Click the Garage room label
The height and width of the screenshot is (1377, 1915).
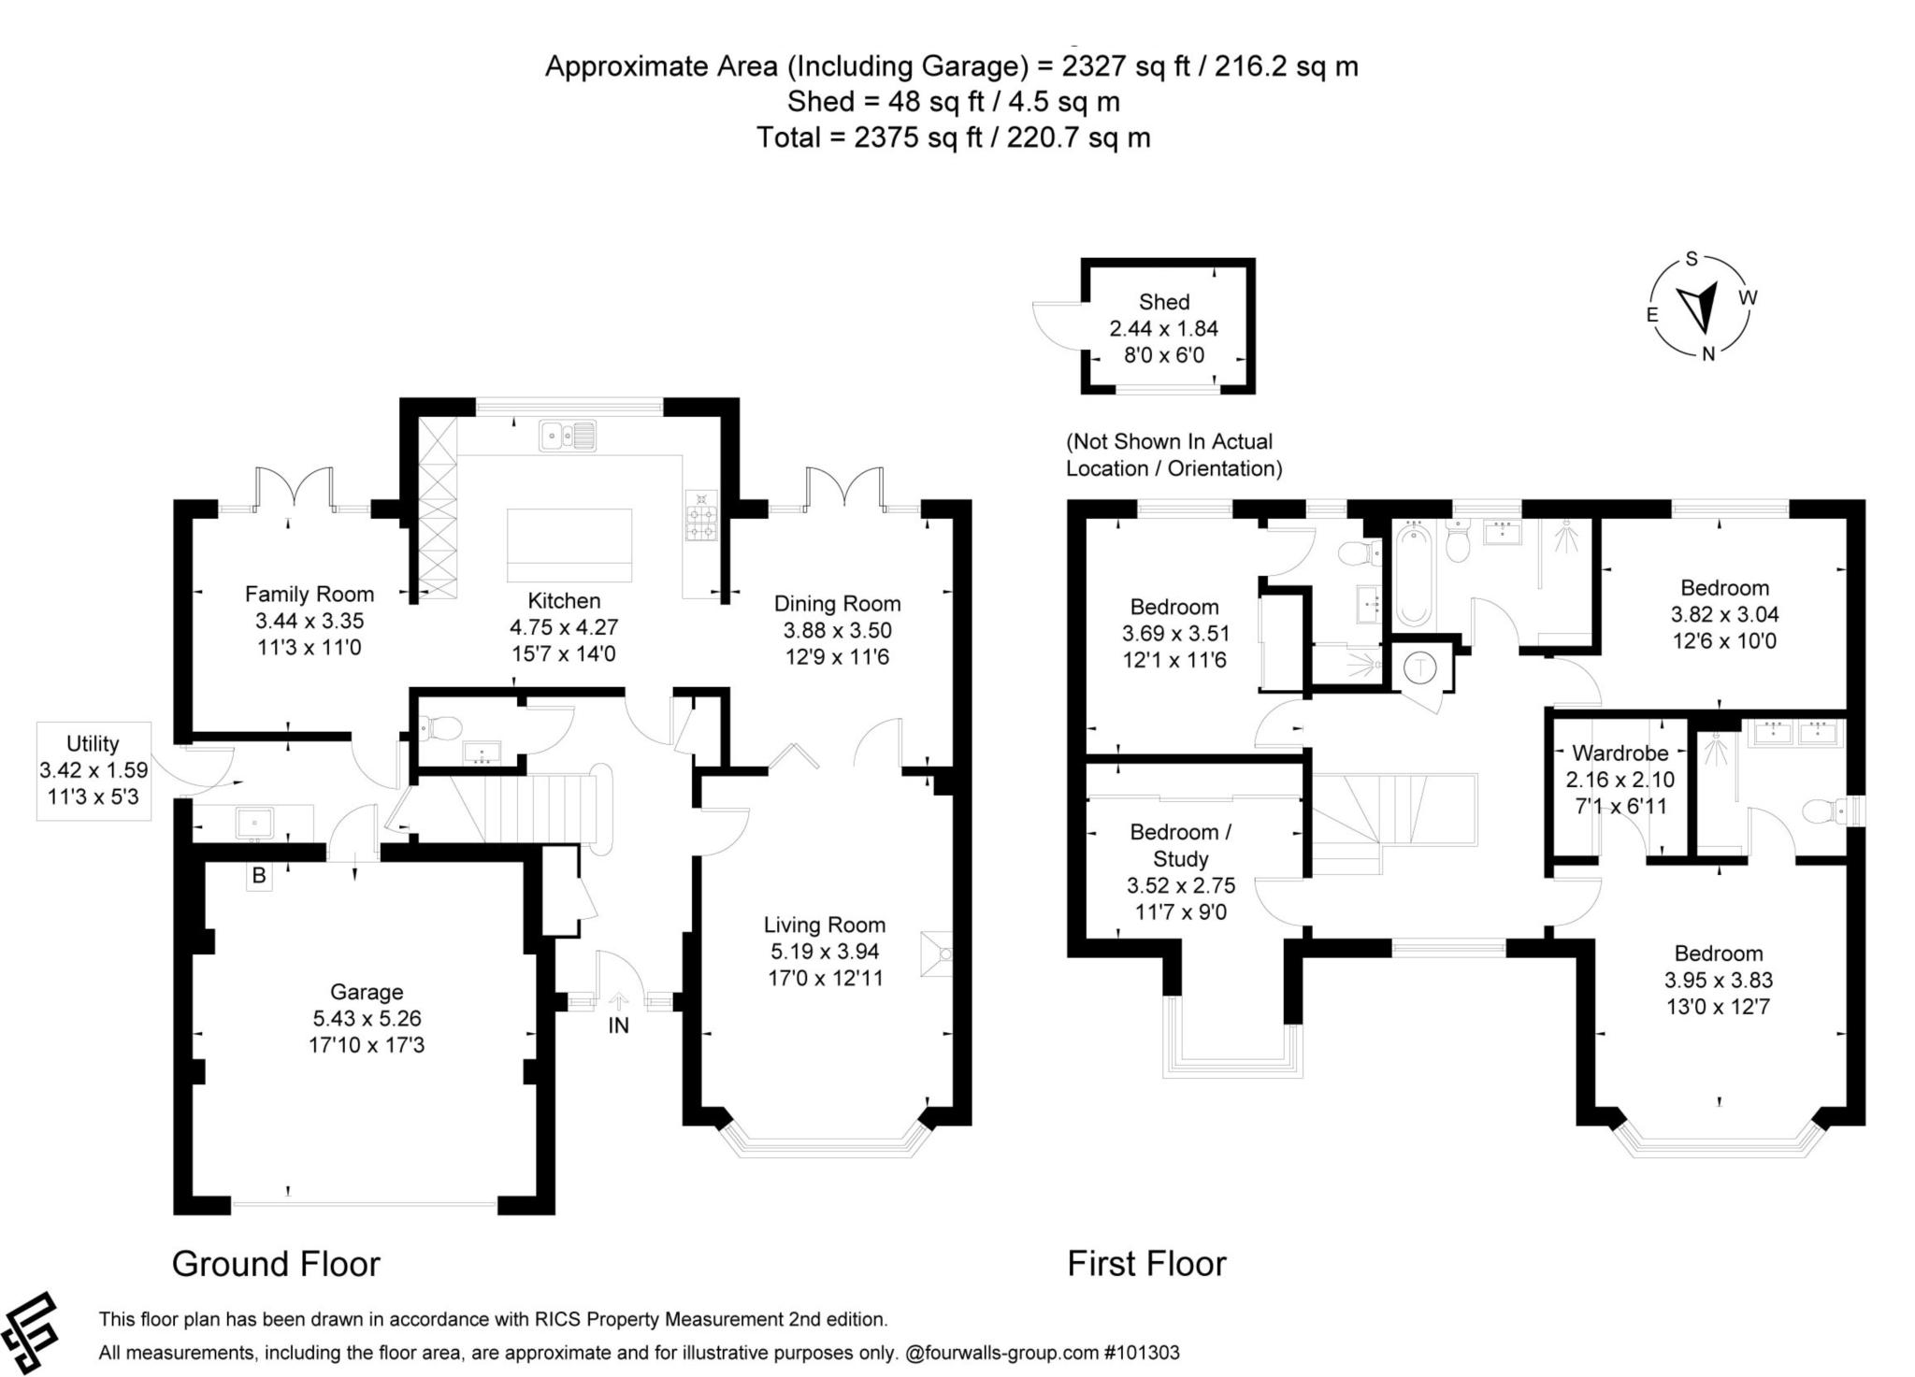[x=367, y=992]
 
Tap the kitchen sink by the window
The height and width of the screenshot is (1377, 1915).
[x=567, y=435]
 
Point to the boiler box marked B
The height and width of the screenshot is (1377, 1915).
[x=259, y=877]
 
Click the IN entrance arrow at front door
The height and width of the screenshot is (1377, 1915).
[x=618, y=1002]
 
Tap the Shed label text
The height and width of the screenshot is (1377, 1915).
[x=1164, y=302]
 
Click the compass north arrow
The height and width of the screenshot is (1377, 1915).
[x=1698, y=308]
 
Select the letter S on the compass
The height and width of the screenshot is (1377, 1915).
[x=1691, y=260]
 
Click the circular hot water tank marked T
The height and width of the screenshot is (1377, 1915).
[x=1421, y=667]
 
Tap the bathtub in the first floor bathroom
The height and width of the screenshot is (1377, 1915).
[x=1413, y=576]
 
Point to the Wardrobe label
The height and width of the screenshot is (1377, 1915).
[x=1620, y=753]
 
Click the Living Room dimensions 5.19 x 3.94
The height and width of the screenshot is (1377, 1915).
[x=824, y=952]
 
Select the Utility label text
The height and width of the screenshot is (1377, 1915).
[x=93, y=743]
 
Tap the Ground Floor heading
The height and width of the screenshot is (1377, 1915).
[x=276, y=1264]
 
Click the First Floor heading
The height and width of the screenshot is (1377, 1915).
[x=1146, y=1264]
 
